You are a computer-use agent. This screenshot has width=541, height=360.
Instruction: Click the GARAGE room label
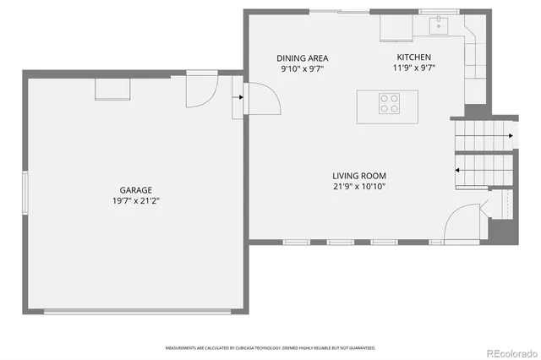[135, 190]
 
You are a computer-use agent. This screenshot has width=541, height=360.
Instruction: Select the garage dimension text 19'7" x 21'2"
[135, 202]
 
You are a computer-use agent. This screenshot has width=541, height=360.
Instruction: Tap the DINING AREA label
[303, 57]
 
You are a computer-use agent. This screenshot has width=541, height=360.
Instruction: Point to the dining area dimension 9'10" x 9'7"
[303, 68]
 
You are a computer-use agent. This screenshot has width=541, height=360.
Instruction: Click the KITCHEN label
[414, 57]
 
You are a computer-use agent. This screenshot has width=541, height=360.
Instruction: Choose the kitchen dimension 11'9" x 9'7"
[414, 68]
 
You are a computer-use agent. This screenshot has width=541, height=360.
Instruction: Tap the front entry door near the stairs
[462, 224]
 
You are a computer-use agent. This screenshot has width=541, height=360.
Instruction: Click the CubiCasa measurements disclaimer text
[270, 347]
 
